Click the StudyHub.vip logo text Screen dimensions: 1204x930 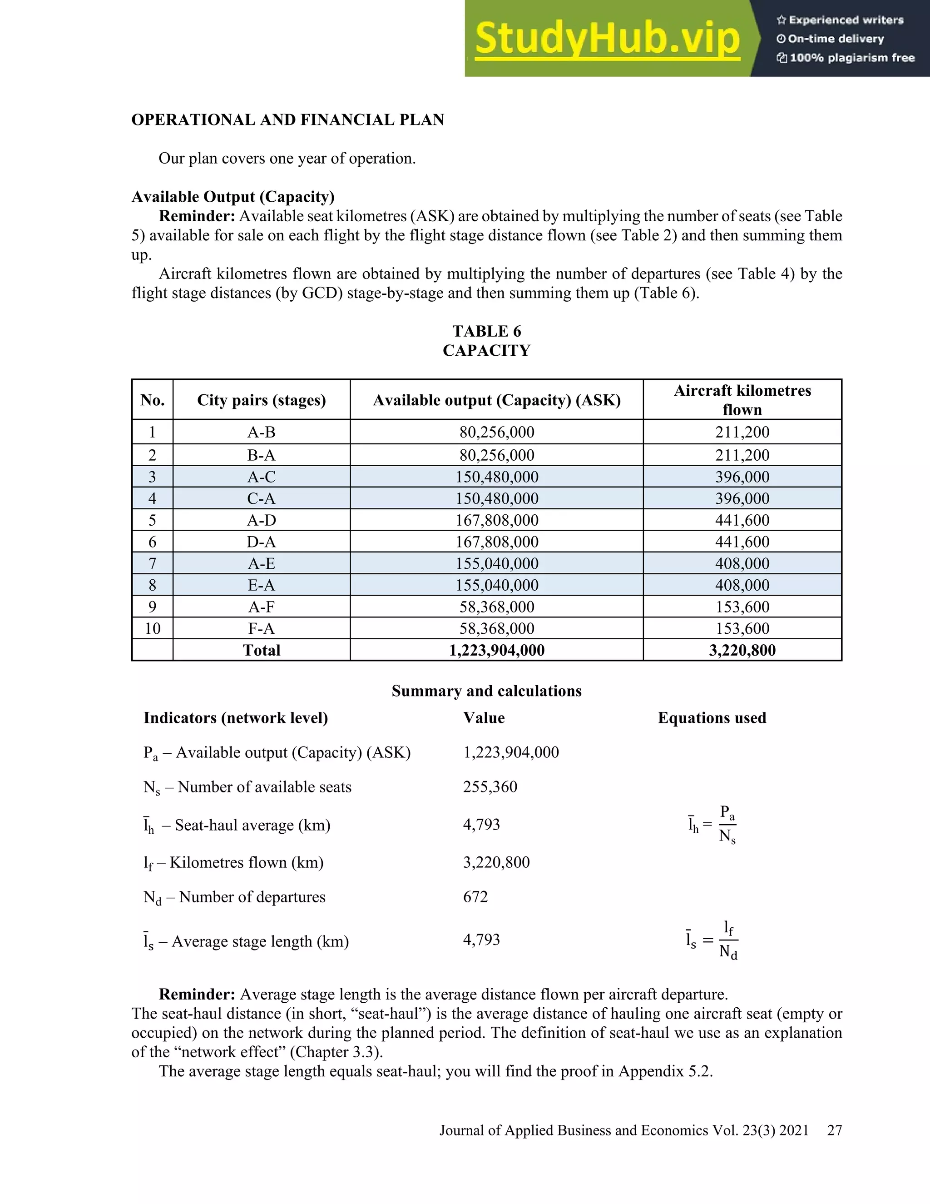pyautogui.click(x=607, y=39)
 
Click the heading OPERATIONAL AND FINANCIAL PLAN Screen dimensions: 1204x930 pyautogui.click(x=287, y=120)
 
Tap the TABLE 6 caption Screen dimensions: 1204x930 pyautogui.click(x=486, y=331)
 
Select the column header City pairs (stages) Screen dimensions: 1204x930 pyautogui.click(x=262, y=400)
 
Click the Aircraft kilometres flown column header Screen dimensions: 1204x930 pyautogui.click(x=742, y=400)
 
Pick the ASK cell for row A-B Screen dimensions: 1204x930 pyautogui.click(x=497, y=432)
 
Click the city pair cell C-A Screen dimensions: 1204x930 pyautogui.click(x=262, y=498)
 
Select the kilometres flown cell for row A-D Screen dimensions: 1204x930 pyautogui.click(x=742, y=520)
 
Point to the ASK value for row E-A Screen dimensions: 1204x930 pyautogui.click(x=497, y=585)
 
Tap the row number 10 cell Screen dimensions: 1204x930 pyautogui.click(x=153, y=628)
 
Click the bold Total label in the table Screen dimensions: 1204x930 pyautogui.click(x=262, y=651)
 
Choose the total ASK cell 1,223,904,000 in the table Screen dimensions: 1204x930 pyautogui.click(x=497, y=651)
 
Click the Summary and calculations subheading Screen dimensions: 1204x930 pyautogui.click(x=486, y=692)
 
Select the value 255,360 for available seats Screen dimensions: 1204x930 pyautogui.click(x=490, y=786)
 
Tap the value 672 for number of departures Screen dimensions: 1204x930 pyautogui.click(x=475, y=897)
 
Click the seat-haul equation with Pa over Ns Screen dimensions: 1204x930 pyautogui.click(x=712, y=825)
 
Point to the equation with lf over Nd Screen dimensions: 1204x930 pyautogui.click(x=712, y=940)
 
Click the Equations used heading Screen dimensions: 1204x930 pyautogui.click(x=712, y=718)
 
